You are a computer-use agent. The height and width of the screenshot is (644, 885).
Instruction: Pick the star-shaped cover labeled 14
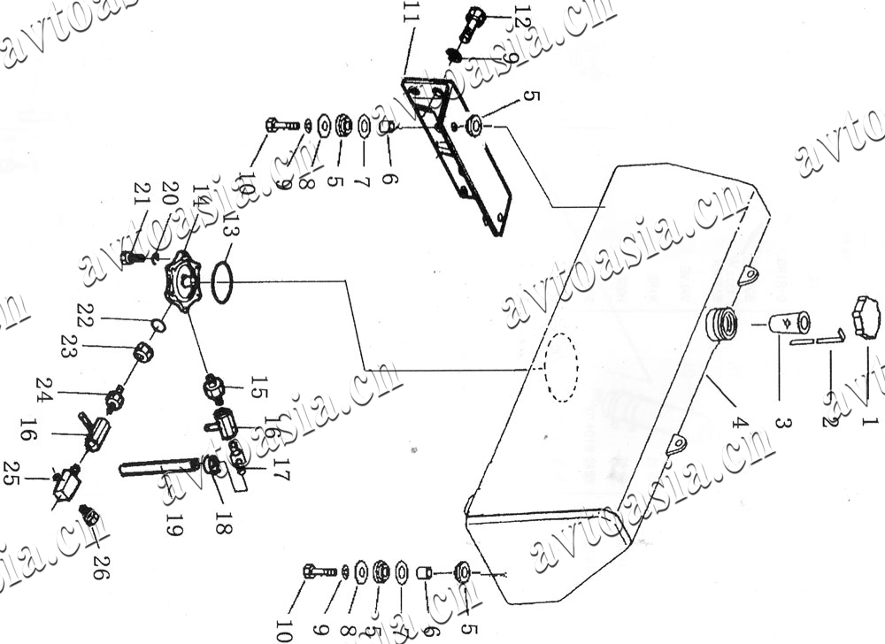point(184,279)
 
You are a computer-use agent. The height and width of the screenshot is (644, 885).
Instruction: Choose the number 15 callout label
point(258,387)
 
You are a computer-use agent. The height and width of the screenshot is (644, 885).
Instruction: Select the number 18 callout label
point(221,517)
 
